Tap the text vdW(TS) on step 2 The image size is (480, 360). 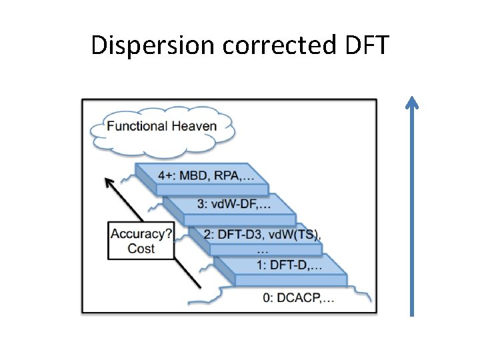(x=297, y=235)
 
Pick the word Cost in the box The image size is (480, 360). (x=141, y=248)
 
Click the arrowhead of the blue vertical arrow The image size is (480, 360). (x=412, y=102)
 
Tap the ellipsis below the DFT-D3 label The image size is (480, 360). (x=263, y=251)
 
